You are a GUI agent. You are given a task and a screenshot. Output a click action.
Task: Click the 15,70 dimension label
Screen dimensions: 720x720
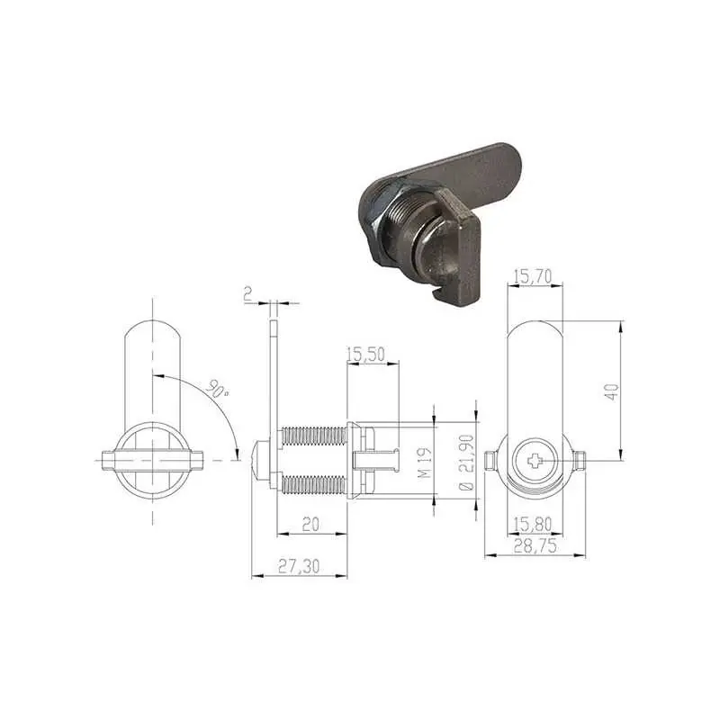coord(533,276)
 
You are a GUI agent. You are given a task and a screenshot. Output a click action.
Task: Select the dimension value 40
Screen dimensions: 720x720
coord(612,391)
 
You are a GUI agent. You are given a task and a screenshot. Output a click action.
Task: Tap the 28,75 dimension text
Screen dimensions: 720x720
coord(535,545)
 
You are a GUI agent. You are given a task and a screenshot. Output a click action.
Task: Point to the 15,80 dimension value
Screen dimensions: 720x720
coord(533,524)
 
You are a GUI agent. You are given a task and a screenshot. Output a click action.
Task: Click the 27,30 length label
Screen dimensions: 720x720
coord(299,566)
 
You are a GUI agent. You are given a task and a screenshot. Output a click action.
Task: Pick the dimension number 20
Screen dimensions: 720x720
coord(310,524)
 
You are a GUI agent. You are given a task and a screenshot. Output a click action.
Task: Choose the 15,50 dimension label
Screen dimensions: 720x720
coord(365,355)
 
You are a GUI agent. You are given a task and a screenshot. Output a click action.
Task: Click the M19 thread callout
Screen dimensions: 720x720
coord(425,463)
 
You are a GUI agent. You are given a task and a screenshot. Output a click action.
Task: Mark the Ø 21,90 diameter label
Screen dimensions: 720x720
coord(466,463)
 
